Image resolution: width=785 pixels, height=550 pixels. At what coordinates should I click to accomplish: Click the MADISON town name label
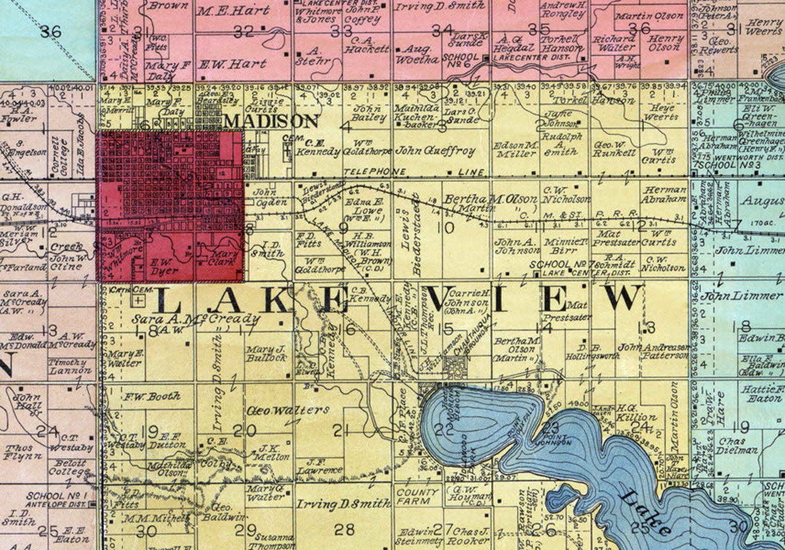[x=271, y=121]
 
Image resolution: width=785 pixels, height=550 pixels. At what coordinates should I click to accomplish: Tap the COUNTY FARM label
[x=417, y=497]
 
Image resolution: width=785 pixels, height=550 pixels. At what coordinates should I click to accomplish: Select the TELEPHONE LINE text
[x=414, y=172]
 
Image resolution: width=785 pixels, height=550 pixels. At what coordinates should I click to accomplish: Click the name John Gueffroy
[x=436, y=151]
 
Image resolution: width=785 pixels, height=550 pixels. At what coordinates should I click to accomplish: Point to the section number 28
[x=344, y=530]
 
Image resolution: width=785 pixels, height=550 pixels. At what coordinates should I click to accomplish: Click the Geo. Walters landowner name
[x=287, y=410]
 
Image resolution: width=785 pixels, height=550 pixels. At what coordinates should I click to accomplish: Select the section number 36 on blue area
[x=50, y=32]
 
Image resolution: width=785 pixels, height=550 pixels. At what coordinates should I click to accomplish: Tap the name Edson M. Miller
[x=516, y=150]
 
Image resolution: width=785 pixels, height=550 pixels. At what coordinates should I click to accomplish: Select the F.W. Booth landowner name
[x=152, y=396]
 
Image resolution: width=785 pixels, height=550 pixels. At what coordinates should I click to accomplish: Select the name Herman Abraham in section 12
[x=664, y=194]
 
